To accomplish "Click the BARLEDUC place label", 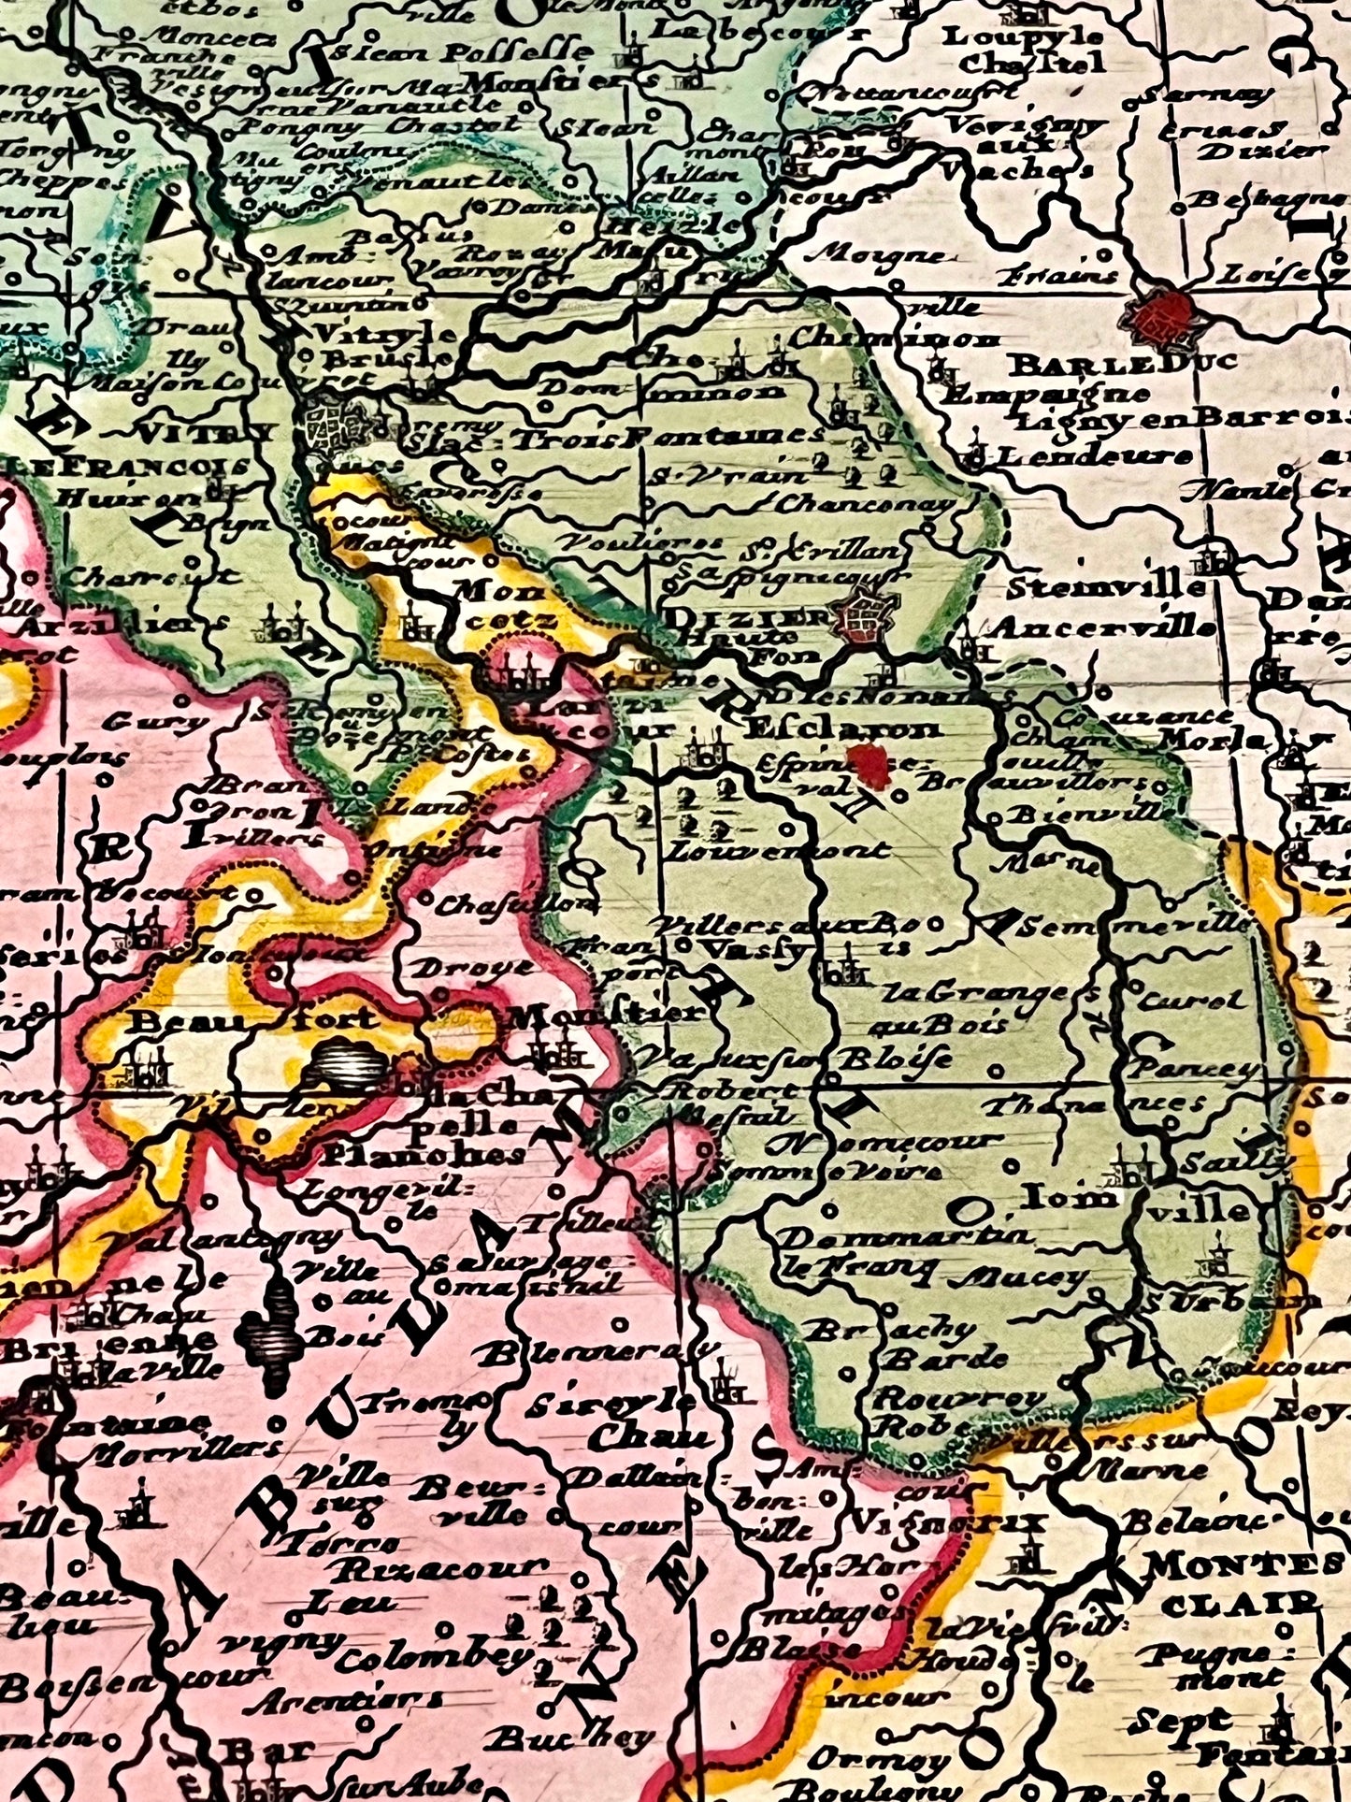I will tap(1124, 362).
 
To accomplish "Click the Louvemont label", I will tap(782, 851).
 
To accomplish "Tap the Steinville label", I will tap(1107, 588).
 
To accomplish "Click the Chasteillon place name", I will tap(516, 905).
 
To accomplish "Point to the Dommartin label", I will tap(904, 1236).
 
